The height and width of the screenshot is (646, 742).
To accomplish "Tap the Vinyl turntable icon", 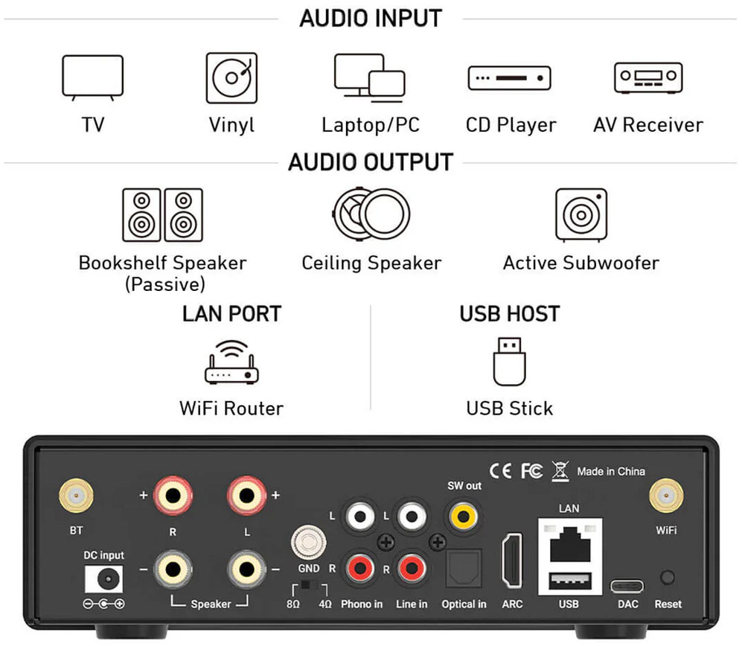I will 231,77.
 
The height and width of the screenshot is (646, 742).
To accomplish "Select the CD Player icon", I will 509,77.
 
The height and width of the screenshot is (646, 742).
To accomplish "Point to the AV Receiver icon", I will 647,77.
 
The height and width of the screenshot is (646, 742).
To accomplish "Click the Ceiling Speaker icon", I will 371,214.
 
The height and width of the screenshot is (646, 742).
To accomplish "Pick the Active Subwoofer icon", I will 581,214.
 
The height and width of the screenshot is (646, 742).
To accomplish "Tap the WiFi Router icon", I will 231,362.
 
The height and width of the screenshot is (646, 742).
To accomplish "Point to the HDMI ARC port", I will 512,560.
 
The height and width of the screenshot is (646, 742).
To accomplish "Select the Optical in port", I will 463,569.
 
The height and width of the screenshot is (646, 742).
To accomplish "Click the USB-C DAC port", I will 627,586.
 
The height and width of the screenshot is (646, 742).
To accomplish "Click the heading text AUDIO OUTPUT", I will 371,162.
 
